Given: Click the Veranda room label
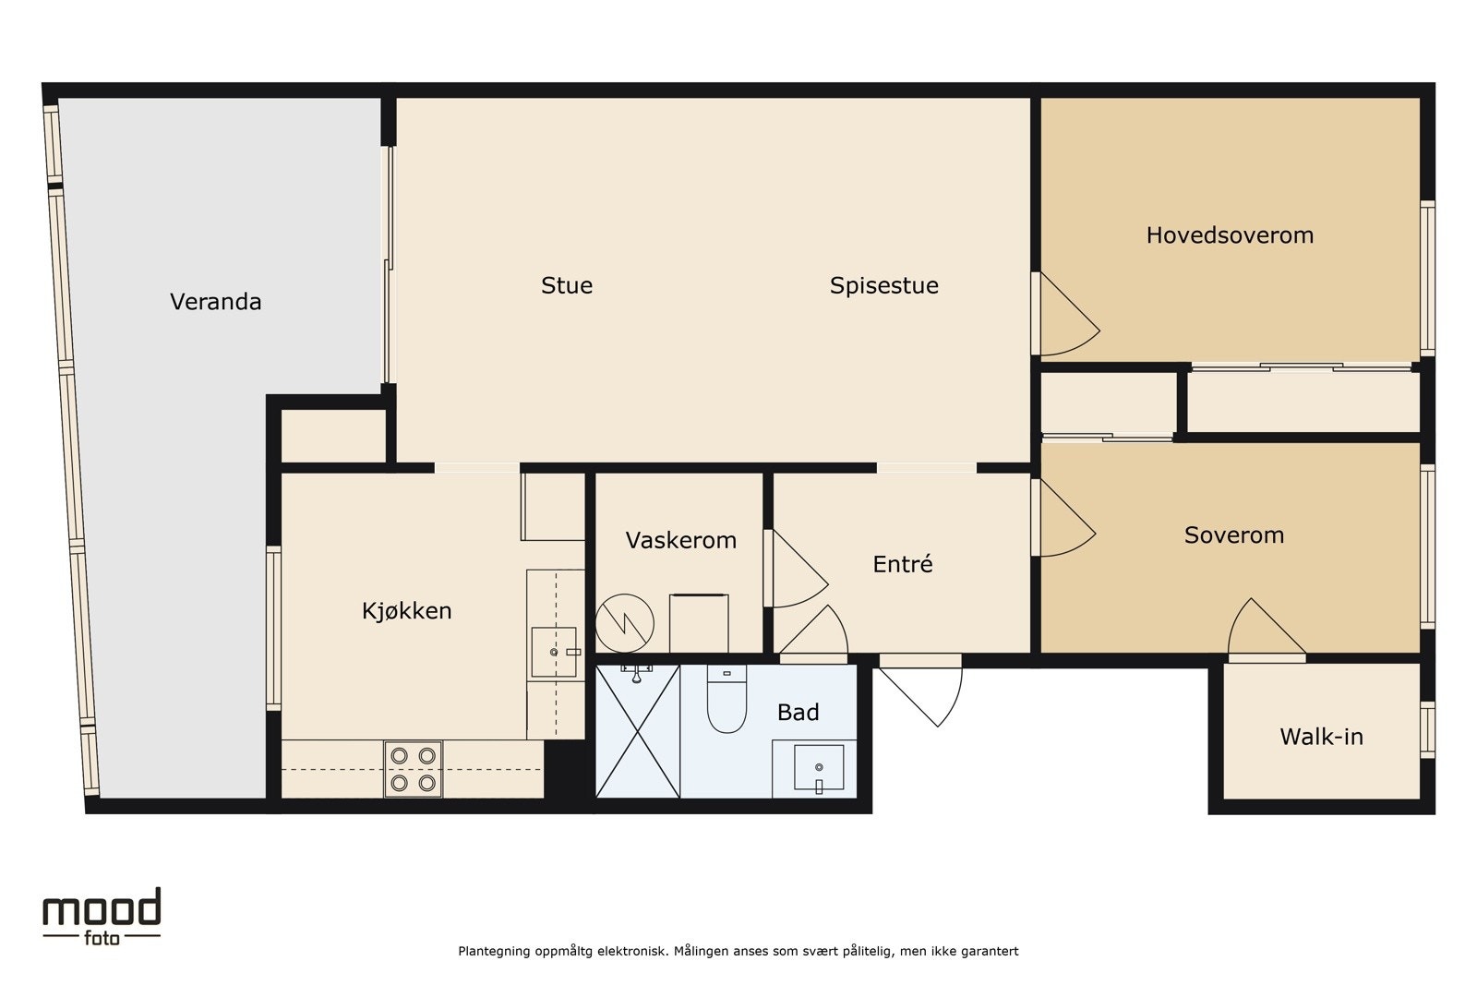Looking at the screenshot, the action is [x=216, y=302].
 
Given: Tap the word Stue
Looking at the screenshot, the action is [x=567, y=285].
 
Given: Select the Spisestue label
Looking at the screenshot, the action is [x=883, y=285].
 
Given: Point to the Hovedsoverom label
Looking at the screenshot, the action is [x=1230, y=235].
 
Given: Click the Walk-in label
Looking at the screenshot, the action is [x=1321, y=737].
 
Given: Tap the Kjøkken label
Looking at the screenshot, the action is [x=407, y=611].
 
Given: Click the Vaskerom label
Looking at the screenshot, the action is [x=680, y=541].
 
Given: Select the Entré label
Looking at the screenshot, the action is [x=903, y=564].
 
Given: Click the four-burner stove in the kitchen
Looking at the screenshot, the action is [x=414, y=769].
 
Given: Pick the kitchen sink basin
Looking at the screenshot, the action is [x=554, y=652].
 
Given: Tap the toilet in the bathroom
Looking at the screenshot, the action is [x=726, y=699].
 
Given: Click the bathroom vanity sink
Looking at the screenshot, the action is [x=819, y=767].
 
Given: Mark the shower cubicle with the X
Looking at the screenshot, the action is [x=638, y=732].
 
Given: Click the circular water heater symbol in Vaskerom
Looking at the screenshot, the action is [x=624, y=623].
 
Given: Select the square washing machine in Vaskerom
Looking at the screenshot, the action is [x=699, y=624].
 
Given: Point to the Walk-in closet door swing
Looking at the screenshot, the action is [x=1267, y=626].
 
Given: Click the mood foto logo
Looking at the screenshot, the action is [x=102, y=917].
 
